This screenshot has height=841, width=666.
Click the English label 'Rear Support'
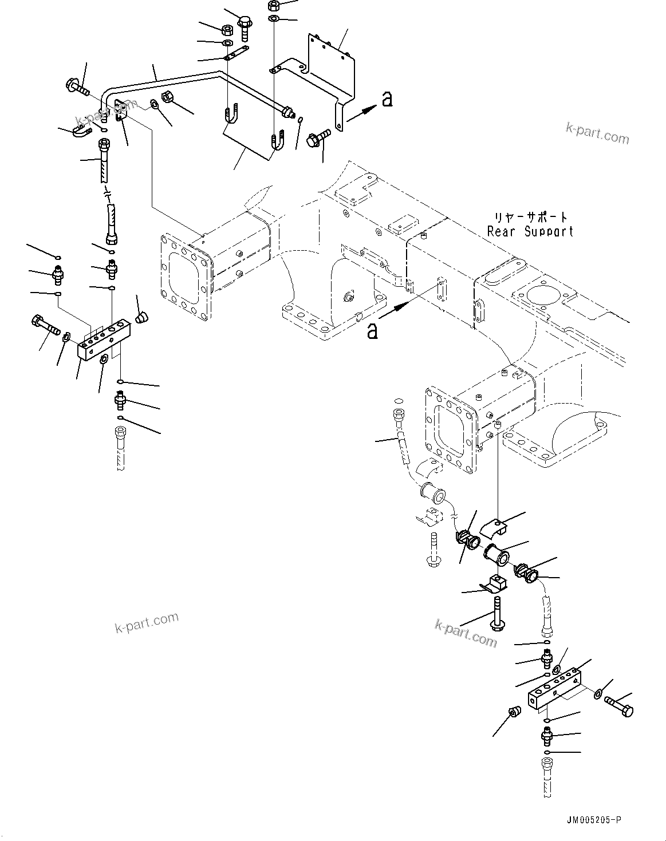[x=530, y=232]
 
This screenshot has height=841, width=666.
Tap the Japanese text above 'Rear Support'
[x=531, y=218]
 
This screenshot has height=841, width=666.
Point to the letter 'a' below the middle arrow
[x=372, y=330]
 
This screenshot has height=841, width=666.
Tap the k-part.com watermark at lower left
[x=147, y=622]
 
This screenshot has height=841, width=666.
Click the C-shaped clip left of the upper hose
[x=82, y=133]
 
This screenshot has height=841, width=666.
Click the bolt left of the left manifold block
[x=45, y=325]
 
